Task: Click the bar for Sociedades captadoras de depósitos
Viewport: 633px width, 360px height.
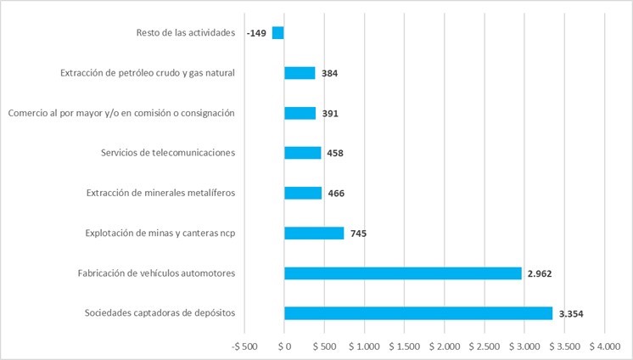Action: tap(418, 313)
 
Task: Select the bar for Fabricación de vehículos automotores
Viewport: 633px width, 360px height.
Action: tap(403, 273)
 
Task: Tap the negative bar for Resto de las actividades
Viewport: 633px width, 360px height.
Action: tap(278, 33)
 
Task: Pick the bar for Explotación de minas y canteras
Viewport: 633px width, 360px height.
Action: tap(314, 233)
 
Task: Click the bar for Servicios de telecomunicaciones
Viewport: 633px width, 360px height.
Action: tap(303, 153)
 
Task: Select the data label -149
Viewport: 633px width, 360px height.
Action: tap(256, 33)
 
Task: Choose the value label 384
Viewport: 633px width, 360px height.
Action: tap(330, 74)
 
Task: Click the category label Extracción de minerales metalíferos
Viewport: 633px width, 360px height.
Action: tap(160, 193)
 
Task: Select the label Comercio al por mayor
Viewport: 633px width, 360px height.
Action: tap(120, 113)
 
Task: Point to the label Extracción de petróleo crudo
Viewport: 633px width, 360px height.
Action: tap(147, 73)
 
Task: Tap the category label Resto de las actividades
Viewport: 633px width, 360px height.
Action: tap(185, 33)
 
